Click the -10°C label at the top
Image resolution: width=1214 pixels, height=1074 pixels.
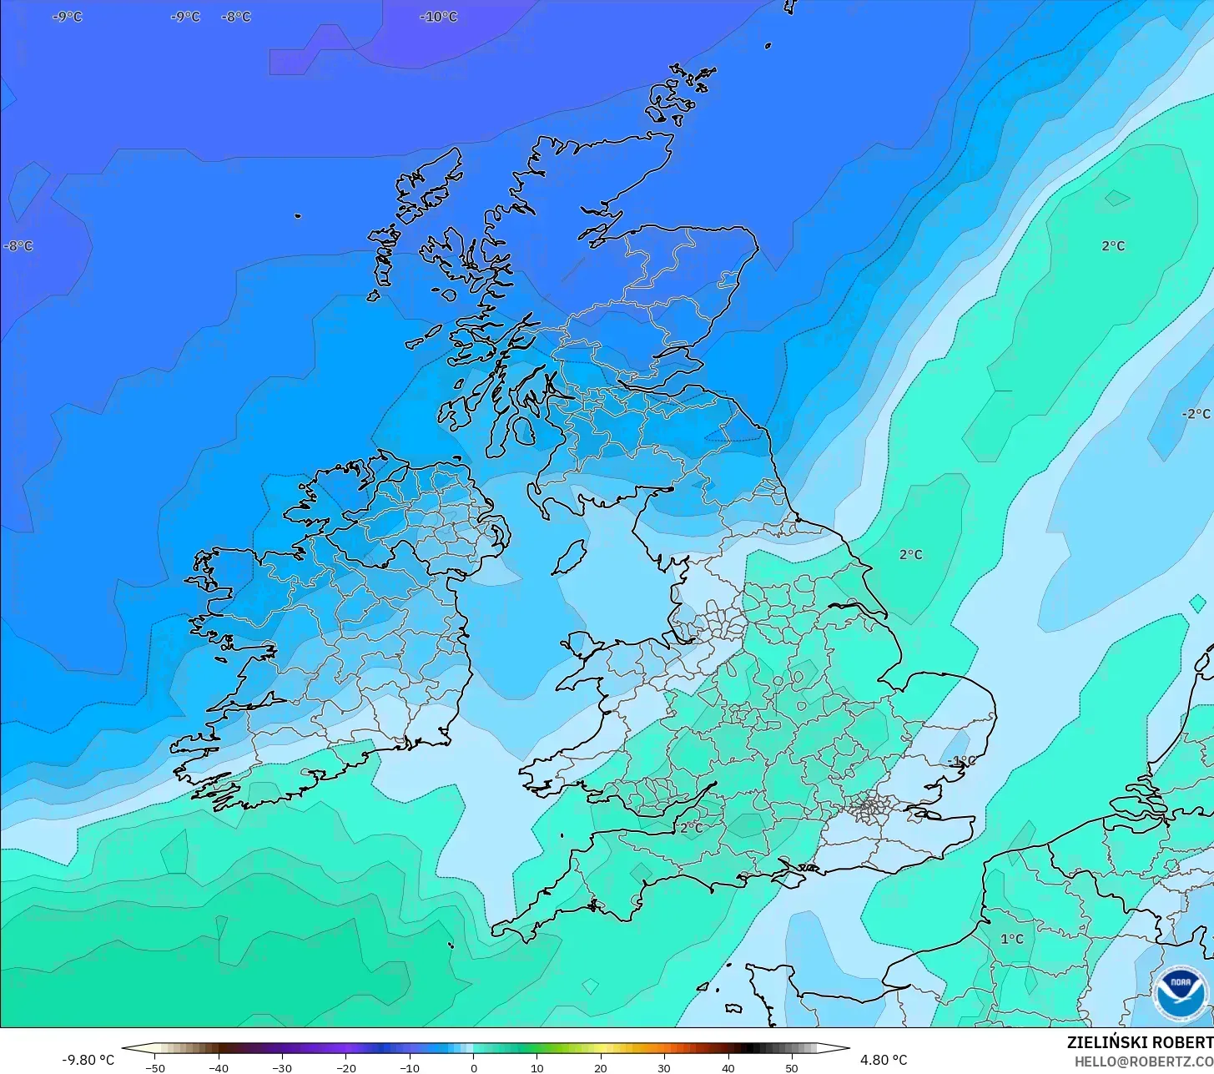point(439,17)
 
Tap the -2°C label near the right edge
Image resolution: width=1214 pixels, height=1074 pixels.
point(1196,414)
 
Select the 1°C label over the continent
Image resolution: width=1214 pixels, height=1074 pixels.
point(1012,939)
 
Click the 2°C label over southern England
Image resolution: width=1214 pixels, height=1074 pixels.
point(691,828)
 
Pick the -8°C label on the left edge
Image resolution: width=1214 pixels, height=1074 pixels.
point(18,246)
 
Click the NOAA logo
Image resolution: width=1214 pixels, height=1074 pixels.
point(1181,994)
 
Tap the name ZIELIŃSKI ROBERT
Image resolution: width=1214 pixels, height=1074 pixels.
point(1139,1043)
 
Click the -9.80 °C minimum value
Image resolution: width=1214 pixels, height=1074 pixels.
point(88,1060)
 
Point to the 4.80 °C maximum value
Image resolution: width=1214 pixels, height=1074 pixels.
point(884,1060)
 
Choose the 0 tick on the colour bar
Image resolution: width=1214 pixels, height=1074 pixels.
point(473,1068)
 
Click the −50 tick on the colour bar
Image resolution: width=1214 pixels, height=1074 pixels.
point(155,1068)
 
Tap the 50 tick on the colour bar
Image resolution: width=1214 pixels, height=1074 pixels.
point(791,1068)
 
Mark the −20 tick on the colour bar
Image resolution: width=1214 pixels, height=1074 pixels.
point(345,1068)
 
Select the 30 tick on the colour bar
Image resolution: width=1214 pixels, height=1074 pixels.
point(664,1068)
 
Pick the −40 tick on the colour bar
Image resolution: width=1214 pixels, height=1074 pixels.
point(219,1068)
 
